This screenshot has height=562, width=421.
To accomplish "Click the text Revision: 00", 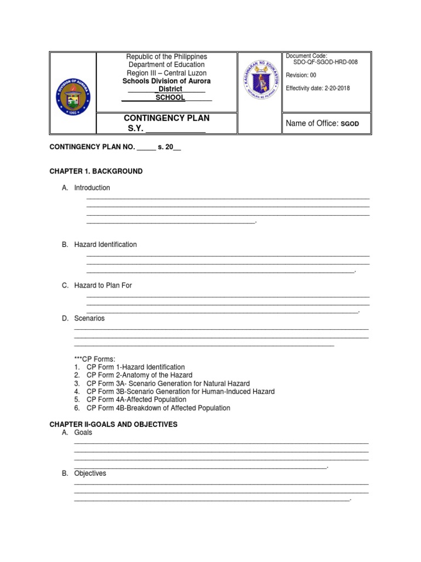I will (301, 75).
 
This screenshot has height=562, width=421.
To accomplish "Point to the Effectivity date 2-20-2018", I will (318, 88).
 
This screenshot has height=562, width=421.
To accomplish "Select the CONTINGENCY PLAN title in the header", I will (167, 118).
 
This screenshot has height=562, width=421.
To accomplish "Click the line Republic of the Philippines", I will (167, 57).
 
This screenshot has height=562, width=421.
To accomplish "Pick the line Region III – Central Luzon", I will (167, 73).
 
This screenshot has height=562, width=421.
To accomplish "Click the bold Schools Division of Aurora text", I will (167, 81).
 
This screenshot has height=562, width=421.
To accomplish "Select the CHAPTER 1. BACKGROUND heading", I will (96, 171).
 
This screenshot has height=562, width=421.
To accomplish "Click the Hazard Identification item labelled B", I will (105, 244).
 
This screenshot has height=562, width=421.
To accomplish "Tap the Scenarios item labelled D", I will (89, 318).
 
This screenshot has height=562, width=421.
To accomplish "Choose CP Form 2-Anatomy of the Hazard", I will (140, 375).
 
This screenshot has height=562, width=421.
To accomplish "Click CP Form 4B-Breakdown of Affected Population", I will (158, 408).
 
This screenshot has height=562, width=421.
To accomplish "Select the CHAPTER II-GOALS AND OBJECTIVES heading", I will (113, 425).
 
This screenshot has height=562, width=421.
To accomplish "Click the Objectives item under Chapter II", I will (90, 473).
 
